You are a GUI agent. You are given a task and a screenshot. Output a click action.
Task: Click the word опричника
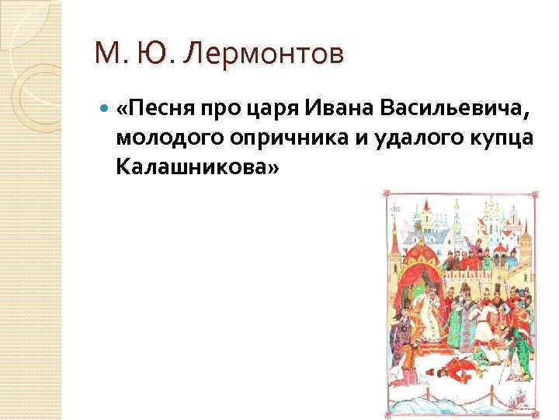click(x=261, y=137)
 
